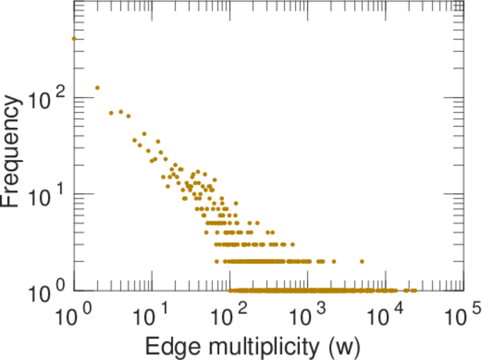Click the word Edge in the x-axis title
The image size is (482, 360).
(165, 346)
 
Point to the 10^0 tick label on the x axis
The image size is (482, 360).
(74, 314)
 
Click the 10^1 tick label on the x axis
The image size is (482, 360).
(152, 314)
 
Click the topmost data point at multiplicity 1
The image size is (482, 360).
(74, 38)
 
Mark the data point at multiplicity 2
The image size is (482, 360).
(97, 88)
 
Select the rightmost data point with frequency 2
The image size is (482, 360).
(362, 262)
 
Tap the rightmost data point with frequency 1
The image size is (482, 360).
(414, 290)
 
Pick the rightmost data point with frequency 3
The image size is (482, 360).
(293, 245)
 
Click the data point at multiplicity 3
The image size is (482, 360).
(111, 113)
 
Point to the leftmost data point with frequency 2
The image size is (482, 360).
(216, 262)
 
